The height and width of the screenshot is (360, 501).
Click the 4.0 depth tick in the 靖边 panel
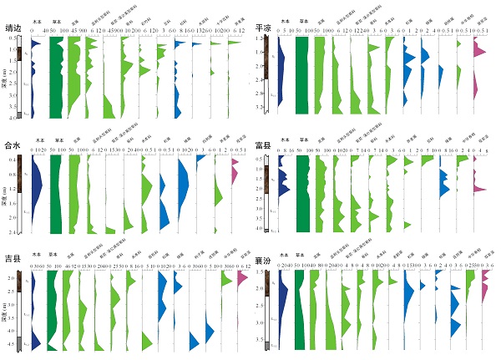point(18,113)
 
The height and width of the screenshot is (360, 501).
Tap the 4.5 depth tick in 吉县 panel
point(18,342)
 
